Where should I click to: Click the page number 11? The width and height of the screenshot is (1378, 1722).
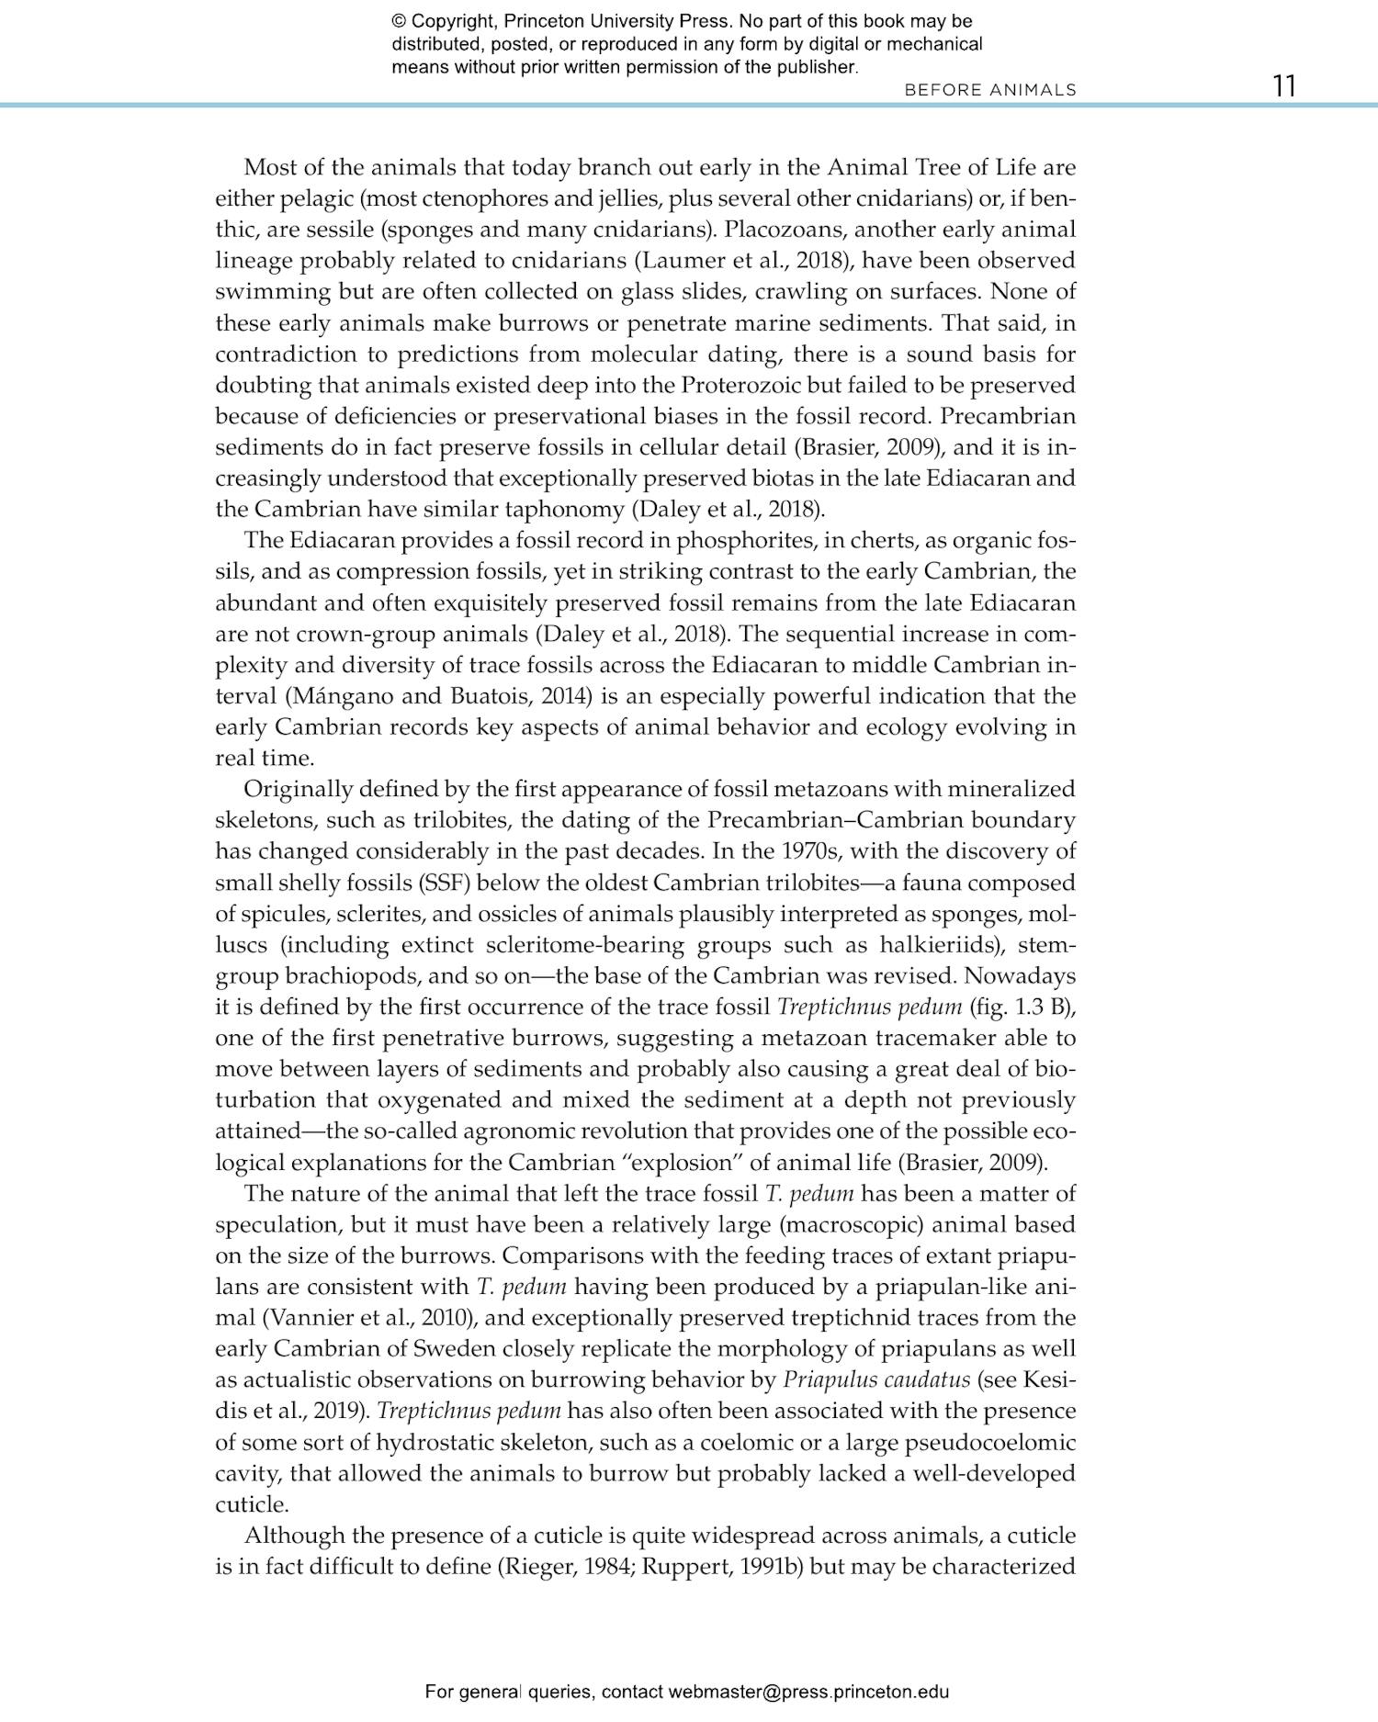(1284, 86)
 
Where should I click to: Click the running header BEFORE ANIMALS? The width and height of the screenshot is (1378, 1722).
(990, 90)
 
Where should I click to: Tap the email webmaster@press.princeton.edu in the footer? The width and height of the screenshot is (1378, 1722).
(808, 1692)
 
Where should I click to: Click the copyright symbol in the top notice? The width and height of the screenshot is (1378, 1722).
(399, 22)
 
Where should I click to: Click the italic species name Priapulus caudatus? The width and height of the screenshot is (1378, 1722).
(876, 1379)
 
